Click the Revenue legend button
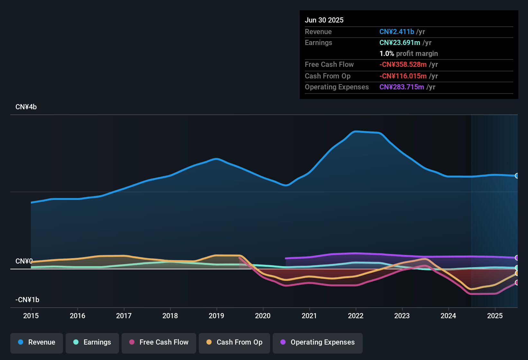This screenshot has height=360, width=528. (x=37, y=342)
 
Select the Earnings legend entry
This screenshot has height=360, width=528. (x=92, y=342)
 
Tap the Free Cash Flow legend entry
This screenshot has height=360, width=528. (x=159, y=342)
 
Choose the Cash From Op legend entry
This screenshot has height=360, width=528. (x=234, y=342)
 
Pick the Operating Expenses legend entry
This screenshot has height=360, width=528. (x=318, y=342)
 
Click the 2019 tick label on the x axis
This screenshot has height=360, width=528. (x=216, y=316)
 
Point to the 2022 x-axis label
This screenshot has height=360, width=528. (x=356, y=316)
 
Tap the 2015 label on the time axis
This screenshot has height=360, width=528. (x=31, y=316)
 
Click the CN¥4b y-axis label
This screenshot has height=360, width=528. (x=26, y=107)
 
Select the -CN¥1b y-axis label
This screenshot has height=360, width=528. (x=27, y=300)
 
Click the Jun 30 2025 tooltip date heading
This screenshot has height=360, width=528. (x=324, y=20)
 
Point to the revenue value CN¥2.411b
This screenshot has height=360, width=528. (x=397, y=32)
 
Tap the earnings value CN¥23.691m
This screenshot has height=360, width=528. (x=400, y=43)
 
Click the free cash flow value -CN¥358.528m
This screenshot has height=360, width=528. (x=403, y=65)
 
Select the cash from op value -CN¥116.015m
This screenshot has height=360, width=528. (x=403, y=76)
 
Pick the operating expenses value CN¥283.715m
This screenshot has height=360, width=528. (x=402, y=87)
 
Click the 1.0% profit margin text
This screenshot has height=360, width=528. (x=409, y=54)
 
